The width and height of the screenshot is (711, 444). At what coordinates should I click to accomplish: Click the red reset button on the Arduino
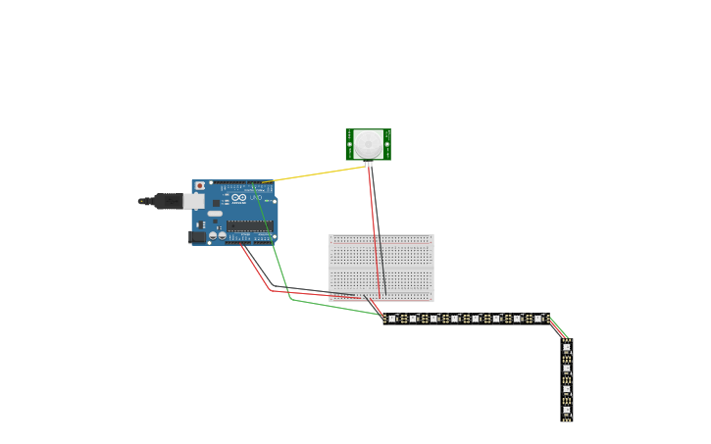tap(200, 185)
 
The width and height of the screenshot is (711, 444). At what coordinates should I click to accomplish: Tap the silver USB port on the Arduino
tap(193, 201)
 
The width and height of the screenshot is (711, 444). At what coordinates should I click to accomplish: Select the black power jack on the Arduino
tap(197, 236)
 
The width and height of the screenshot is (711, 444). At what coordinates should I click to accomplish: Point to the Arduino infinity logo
tap(239, 198)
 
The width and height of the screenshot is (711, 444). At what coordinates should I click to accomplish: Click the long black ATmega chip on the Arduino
tap(250, 225)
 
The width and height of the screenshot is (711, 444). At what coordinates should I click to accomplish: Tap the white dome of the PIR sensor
tap(369, 144)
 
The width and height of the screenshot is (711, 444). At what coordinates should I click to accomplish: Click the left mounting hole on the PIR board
tap(349, 145)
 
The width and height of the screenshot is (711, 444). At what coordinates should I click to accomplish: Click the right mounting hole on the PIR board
tap(387, 145)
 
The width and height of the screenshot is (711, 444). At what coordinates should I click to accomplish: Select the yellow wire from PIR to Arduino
tap(314, 174)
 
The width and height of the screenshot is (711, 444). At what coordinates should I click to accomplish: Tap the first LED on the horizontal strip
tap(392, 319)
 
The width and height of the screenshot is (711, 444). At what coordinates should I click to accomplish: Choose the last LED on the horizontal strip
tap(538, 319)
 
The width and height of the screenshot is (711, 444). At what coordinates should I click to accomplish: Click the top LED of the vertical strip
tap(567, 348)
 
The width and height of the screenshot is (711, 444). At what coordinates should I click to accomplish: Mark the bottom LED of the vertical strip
tap(567, 411)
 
